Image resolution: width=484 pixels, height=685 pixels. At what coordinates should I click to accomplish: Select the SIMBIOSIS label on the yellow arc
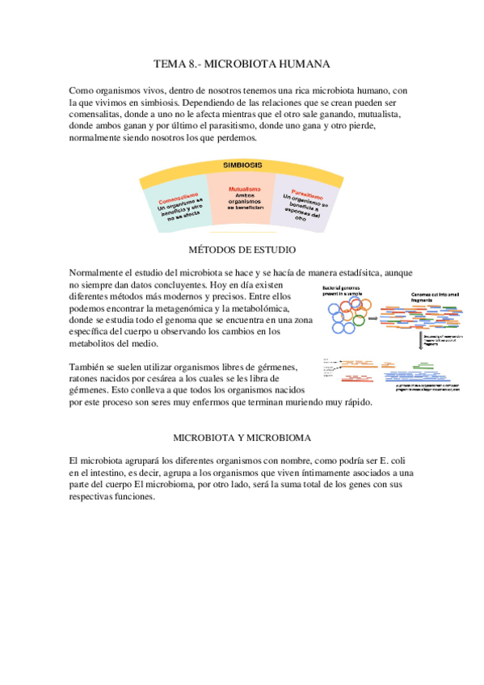[x=242, y=164]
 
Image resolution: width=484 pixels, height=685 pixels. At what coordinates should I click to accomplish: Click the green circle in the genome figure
[x=359, y=321]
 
